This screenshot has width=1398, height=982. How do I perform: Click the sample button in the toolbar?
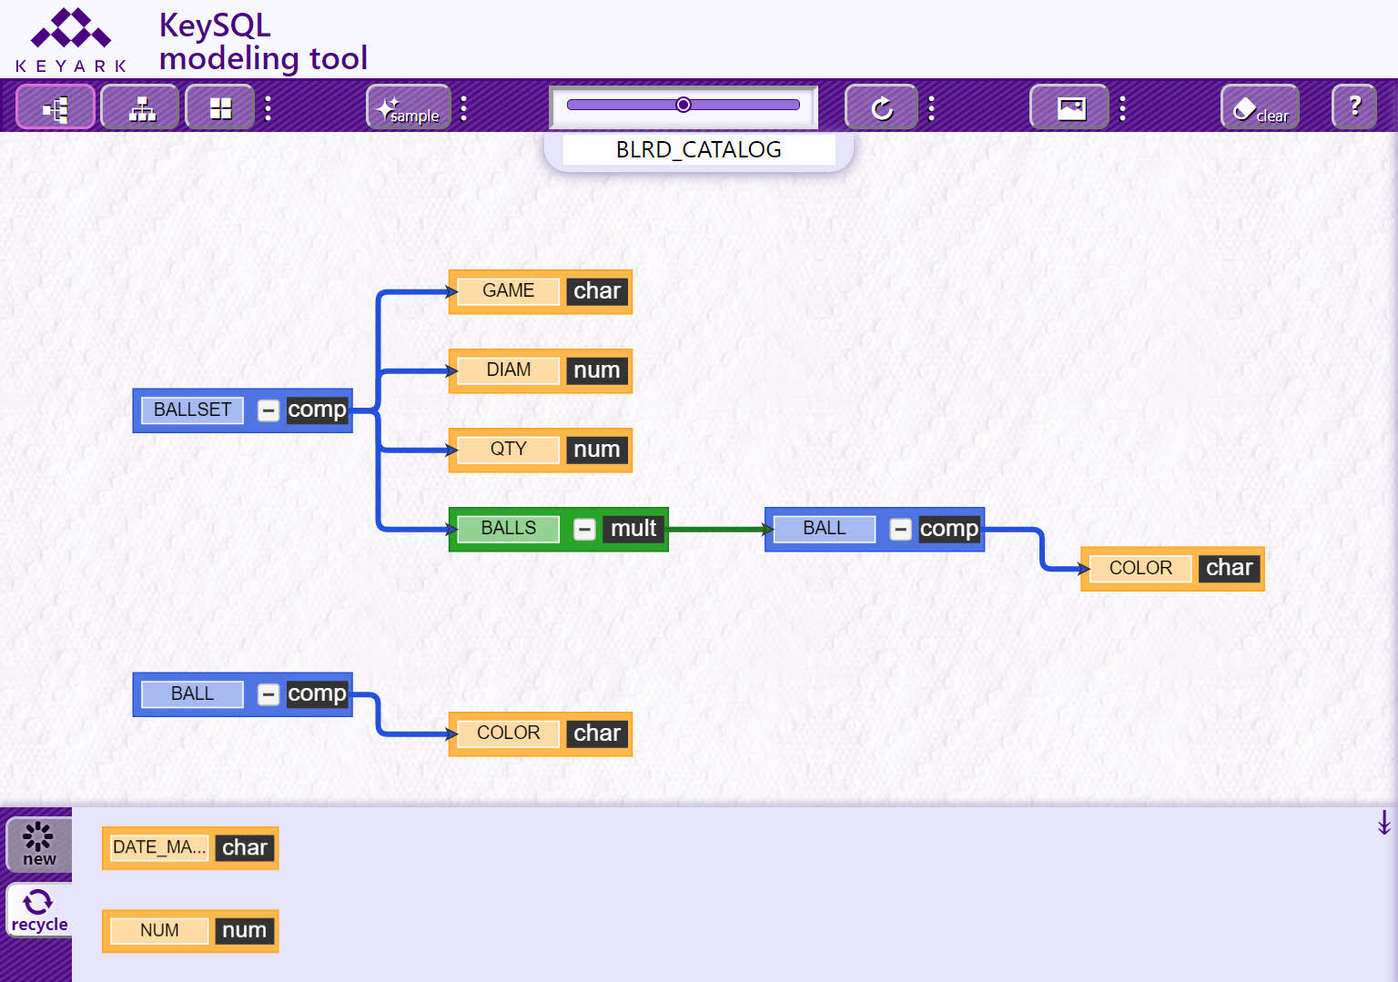click(x=409, y=107)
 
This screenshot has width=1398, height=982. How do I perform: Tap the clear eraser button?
click(x=1260, y=107)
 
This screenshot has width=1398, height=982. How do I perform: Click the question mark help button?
click(x=1354, y=107)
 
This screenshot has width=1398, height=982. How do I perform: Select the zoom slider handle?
click(x=684, y=105)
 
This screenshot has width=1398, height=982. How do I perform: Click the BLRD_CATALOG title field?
click(x=698, y=150)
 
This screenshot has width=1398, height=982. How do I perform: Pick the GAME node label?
click(x=508, y=290)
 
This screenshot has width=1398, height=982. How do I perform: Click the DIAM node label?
click(x=508, y=370)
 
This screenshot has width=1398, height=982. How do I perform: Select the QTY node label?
click(x=508, y=450)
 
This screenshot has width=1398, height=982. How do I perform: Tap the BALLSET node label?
click(x=192, y=410)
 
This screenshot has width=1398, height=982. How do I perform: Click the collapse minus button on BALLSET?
click(x=268, y=410)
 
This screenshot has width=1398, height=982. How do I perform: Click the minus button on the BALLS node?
click(x=584, y=530)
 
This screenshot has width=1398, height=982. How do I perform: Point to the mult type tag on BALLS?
click(x=633, y=529)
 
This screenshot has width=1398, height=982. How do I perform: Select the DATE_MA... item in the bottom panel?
click(x=190, y=848)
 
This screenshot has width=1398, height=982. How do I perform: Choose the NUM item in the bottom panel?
click(x=190, y=931)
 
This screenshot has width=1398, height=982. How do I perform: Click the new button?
click(x=39, y=845)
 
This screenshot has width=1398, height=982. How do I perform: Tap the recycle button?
click(x=39, y=910)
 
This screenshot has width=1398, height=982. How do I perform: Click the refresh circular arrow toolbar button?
click(x=881, y=107)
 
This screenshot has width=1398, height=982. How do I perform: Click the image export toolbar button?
click(x=1069, y=107)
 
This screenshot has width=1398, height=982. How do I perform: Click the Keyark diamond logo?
click(x=71, y=28)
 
